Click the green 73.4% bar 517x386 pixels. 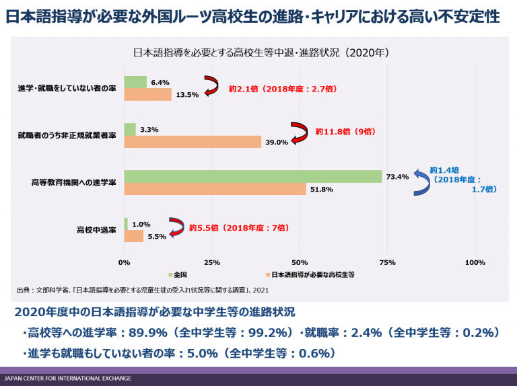253,177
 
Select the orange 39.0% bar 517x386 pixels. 193,142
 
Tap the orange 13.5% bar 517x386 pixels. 147,95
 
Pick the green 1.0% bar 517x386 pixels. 126,224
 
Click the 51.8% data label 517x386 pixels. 322,190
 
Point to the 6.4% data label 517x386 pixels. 160,82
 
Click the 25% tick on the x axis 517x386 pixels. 211,262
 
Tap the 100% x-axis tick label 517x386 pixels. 475,262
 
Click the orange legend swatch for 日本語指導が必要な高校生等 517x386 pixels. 268,274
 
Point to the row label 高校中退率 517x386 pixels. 96,230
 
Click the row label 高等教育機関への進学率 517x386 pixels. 73,182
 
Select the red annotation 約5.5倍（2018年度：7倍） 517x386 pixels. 239,227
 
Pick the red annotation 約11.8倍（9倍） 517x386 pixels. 345,131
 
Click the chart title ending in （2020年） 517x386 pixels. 261,52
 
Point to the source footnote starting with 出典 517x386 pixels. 143,290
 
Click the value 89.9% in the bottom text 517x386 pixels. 147,333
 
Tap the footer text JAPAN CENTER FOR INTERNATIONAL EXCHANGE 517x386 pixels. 68,379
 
